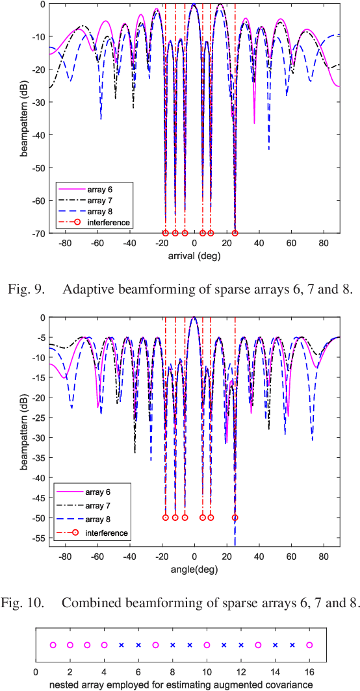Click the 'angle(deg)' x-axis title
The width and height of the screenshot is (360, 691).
click(x=194, y=560)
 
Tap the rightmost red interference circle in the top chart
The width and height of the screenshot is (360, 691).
click(x=235, y=232)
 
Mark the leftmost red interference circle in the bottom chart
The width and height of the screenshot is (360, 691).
click(x=165, y=518)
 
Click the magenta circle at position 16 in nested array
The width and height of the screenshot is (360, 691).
click(x=309, y=645)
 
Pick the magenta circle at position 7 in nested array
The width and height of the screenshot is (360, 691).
click(x=155, y=645)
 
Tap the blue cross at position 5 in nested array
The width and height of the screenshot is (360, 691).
click(x=121, y=645)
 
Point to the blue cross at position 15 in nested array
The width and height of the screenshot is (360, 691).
click(x=292, y=645)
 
